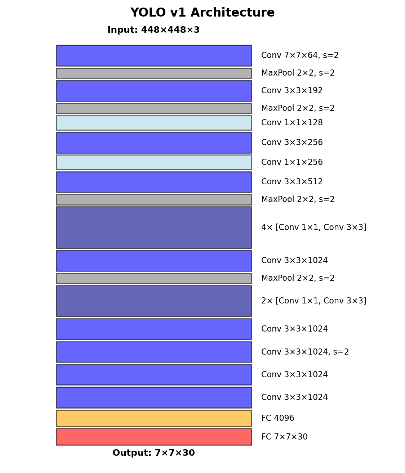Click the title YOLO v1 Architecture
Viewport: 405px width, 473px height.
point(202,13)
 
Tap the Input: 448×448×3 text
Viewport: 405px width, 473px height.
point(153,30)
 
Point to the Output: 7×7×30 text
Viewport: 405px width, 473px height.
point(153,453)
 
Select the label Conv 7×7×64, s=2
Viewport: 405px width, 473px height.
point(300,55)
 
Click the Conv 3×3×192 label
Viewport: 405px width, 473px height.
point(292,91)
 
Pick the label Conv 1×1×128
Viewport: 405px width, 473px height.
point(292,123)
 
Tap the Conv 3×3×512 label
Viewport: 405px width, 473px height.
point(292,182)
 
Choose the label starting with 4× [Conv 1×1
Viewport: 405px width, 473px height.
point(313,228)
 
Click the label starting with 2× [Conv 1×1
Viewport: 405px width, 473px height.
point(313,301)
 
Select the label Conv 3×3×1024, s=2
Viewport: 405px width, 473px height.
point(305,352)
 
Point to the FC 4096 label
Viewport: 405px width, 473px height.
point(277,418)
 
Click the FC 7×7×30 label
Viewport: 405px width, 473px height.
point(284,437)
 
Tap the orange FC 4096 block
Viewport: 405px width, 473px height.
point(153,418)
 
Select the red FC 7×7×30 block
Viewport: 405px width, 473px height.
point(153,437)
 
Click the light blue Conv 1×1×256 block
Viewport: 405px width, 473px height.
point(153,162)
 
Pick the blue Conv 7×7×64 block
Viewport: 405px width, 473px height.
point(153,55)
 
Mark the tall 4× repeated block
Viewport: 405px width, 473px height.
point(153,228)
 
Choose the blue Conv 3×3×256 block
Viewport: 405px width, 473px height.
point(153,143)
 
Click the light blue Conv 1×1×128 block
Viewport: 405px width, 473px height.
point(153,123)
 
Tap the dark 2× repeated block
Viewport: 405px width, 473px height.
point(153,301)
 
